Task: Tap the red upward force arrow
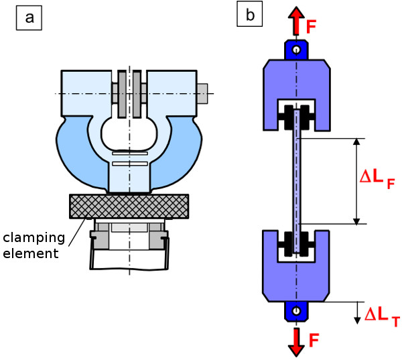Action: pos(295,21)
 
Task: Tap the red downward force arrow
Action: pos(295,340)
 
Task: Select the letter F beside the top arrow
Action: pos(312,27)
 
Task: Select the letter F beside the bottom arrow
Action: pos(313,340)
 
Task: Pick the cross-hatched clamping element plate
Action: pos(129,206)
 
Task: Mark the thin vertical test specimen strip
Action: pos(295,181)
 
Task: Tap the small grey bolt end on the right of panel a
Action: pos(202,93)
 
